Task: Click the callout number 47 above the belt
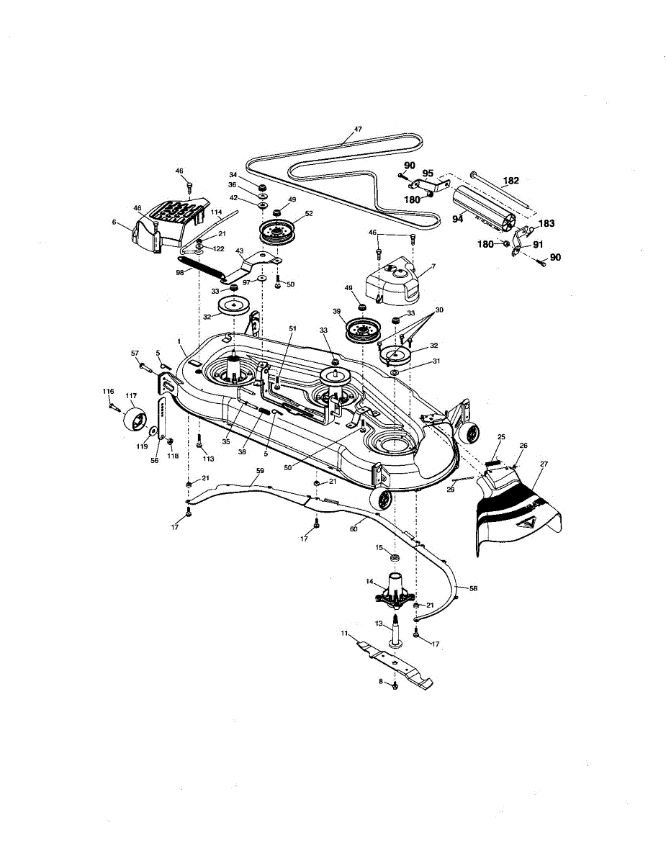pos(358,130)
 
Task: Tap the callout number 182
pos(510,181)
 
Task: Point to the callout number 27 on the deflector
pos(544,464)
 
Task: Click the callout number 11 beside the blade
pos(345,634)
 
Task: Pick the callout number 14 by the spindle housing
pos(369,581)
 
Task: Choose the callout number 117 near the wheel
pos(131,395)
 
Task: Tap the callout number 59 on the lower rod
pos(261,470)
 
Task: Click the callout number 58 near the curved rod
pos(474,588)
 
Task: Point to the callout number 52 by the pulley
pos(308,213)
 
